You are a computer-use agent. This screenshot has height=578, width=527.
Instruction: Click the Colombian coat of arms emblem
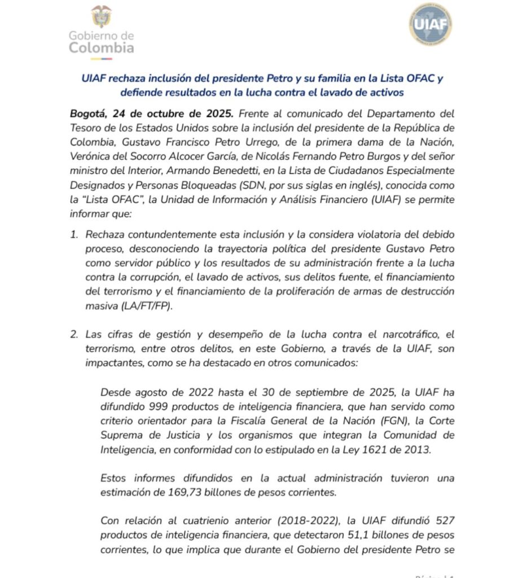pos(102,16)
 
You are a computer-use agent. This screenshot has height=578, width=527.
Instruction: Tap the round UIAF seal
pos(430,24)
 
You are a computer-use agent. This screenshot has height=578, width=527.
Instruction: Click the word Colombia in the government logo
pos(102,48)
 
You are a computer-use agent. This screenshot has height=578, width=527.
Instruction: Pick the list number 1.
pos(74,234)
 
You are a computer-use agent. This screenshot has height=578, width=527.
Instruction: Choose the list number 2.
pos(74,334)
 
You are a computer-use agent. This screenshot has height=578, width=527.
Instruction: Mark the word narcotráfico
pos(420,334)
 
